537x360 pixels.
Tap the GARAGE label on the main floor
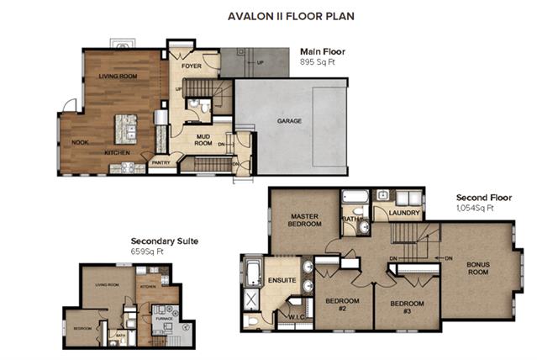289,121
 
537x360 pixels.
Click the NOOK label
80,142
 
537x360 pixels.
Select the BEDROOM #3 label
406,306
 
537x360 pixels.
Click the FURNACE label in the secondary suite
162,320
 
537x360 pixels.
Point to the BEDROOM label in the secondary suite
82,328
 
